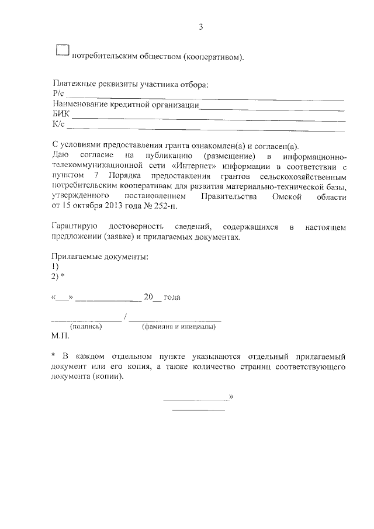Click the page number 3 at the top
click(200, 27)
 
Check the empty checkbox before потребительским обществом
click(63, 51)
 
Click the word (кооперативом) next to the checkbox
click(213, 57)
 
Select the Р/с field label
click(57, 95)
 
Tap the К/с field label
click(58, 124)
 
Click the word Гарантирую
click(73, 226)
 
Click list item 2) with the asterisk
click(58, 276)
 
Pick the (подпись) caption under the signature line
click(86, 327)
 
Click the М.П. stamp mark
click(60, 337)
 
